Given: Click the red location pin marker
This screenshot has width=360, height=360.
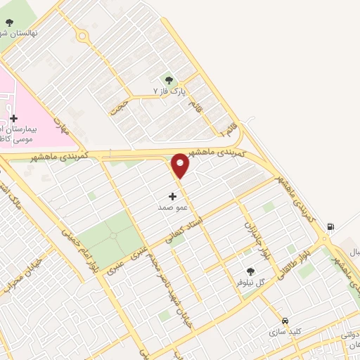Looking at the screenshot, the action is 181,166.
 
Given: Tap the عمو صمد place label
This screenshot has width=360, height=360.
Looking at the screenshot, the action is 172,208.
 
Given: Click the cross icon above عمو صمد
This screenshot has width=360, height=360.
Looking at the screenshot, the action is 173,197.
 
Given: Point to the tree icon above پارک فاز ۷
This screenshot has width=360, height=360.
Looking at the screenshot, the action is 168,80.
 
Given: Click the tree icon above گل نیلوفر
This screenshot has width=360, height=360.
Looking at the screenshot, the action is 250,271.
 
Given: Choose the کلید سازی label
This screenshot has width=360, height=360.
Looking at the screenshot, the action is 285,330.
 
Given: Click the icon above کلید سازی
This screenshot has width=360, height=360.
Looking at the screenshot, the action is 285,320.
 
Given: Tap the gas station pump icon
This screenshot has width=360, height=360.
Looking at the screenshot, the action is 331,227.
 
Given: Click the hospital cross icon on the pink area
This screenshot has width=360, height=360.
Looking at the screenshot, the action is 13,118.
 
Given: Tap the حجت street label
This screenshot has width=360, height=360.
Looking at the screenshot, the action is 119,106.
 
